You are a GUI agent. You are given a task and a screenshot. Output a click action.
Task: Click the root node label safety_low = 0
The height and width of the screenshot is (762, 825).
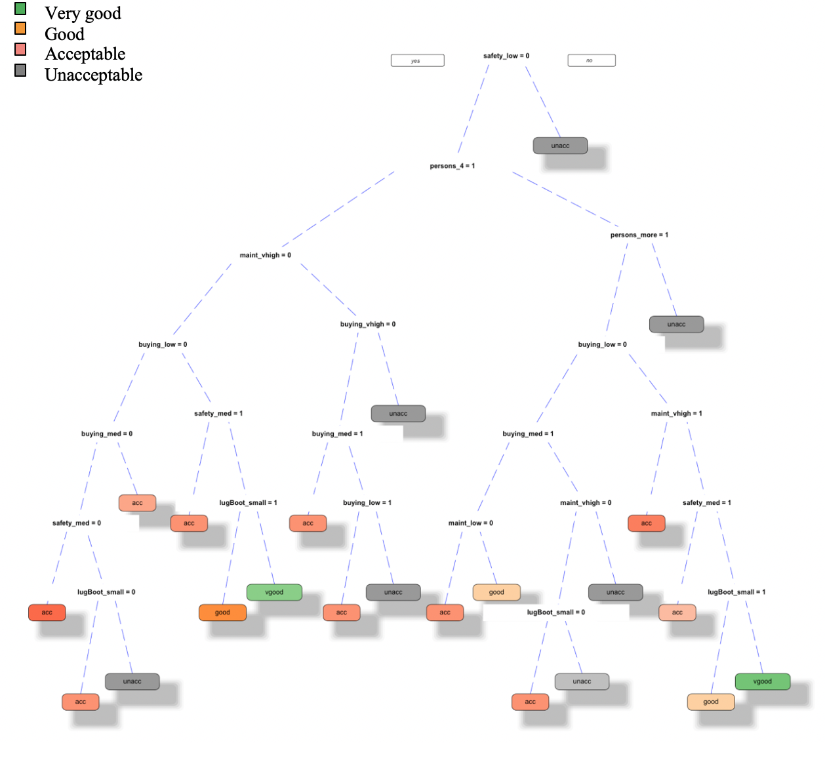coord(506,56)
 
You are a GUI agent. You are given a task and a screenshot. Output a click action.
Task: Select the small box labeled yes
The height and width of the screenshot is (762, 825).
coord(417,60)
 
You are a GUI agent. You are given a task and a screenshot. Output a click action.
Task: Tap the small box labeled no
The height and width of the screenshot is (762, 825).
coord(591,60)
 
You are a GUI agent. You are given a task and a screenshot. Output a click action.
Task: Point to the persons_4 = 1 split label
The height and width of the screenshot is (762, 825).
coord(452,166)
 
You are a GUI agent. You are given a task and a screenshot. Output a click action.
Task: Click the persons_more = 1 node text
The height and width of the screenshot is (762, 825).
coord(639,235)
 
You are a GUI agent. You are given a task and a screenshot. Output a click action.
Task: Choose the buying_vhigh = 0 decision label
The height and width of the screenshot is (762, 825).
coord(367,324)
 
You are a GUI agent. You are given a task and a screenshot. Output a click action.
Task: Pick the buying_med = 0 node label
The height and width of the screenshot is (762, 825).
coord(106,433)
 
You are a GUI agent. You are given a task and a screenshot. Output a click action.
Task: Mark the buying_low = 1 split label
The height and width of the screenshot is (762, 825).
coord(367,502)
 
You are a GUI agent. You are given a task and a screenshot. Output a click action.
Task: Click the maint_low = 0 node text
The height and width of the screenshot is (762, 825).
coord(470,523)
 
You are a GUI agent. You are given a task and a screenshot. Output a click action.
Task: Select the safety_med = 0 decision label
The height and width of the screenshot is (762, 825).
coord(76,523)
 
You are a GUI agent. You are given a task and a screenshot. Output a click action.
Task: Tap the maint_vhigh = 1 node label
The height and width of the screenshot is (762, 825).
coord(676,413)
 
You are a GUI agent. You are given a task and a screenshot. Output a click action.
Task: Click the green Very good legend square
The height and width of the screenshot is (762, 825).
coord(20,9)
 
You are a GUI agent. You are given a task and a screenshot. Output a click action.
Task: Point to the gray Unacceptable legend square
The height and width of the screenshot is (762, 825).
coord(20,70)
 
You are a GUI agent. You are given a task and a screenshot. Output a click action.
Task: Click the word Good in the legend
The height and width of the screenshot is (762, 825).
coord(64,34)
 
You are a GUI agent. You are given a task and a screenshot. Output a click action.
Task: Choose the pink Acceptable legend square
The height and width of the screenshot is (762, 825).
coord(20,49)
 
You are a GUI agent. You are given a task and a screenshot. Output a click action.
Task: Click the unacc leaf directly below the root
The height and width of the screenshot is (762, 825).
coord(560,146)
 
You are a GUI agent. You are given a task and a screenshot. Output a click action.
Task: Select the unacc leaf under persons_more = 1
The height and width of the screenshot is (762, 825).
coord(676,324)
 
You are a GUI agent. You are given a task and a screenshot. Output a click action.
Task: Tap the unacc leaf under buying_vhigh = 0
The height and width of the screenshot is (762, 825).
coord(398,413)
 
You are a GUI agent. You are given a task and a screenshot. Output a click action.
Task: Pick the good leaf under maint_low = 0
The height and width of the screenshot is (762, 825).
coord(496,592)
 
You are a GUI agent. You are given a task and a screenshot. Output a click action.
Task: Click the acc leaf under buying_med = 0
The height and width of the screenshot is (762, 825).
coord(137,503)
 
